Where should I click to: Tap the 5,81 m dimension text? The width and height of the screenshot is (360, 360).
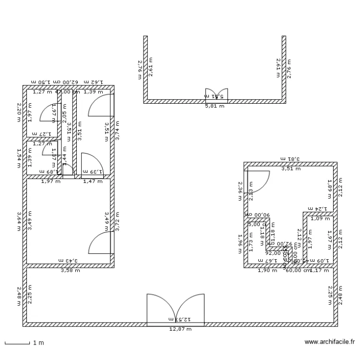click(x=215, y=106)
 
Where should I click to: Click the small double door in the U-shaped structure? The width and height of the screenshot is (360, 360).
click(x=216, y=94)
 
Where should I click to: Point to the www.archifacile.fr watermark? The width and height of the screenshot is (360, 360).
click(x=329, y=342)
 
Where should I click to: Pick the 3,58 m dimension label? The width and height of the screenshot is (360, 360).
click(x=70, y=271)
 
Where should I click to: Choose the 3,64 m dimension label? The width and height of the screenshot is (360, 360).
click(x=19, y=222)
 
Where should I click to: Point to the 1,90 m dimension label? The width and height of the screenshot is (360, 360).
click(x=268, y=271)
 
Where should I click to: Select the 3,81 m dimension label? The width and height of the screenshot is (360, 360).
click(x=290, y=159)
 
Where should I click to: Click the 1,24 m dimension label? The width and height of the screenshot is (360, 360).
click(x=317, y=209)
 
